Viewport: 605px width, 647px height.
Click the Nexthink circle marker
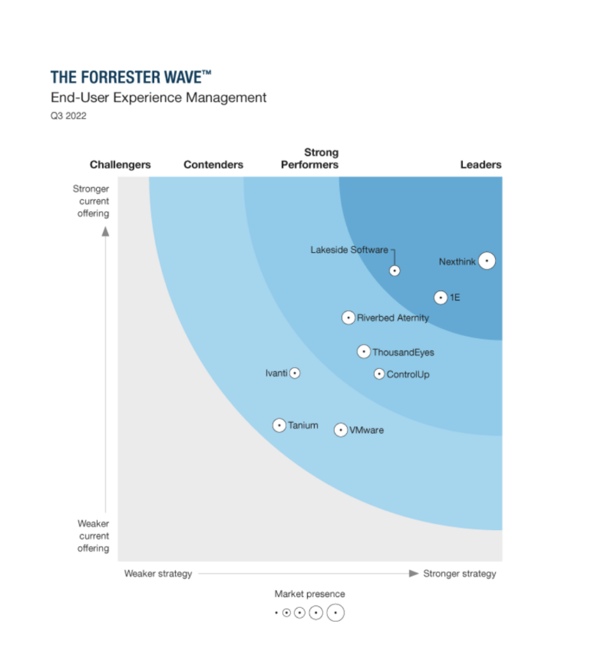[486, 260]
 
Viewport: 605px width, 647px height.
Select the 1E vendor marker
[441, 298]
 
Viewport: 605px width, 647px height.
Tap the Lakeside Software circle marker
[395, 270]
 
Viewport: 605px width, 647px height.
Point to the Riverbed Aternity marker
[348, 318]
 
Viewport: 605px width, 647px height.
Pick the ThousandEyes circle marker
[363, 351]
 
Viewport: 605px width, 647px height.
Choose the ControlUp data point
[379, 374]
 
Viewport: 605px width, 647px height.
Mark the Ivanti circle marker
[294, 373]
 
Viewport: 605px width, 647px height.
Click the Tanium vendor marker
[279, 425]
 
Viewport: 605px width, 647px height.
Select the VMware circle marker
[340, 430]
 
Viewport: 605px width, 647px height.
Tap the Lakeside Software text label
[349, 250]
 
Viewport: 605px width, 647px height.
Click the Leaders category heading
[481, 165]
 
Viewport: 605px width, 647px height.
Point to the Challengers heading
[120, 165]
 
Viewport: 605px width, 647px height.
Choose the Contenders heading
[213, 165]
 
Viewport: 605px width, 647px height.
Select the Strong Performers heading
[310, 159]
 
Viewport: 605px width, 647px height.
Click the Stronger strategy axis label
[460, 574]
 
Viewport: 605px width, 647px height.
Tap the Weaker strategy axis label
[158, 574]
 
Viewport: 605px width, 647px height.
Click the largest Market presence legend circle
[336, 613]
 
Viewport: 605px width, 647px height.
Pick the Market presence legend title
[309, 594]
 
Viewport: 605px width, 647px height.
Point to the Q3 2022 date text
[68, 116]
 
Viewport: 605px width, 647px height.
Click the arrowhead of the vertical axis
[105, 231]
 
